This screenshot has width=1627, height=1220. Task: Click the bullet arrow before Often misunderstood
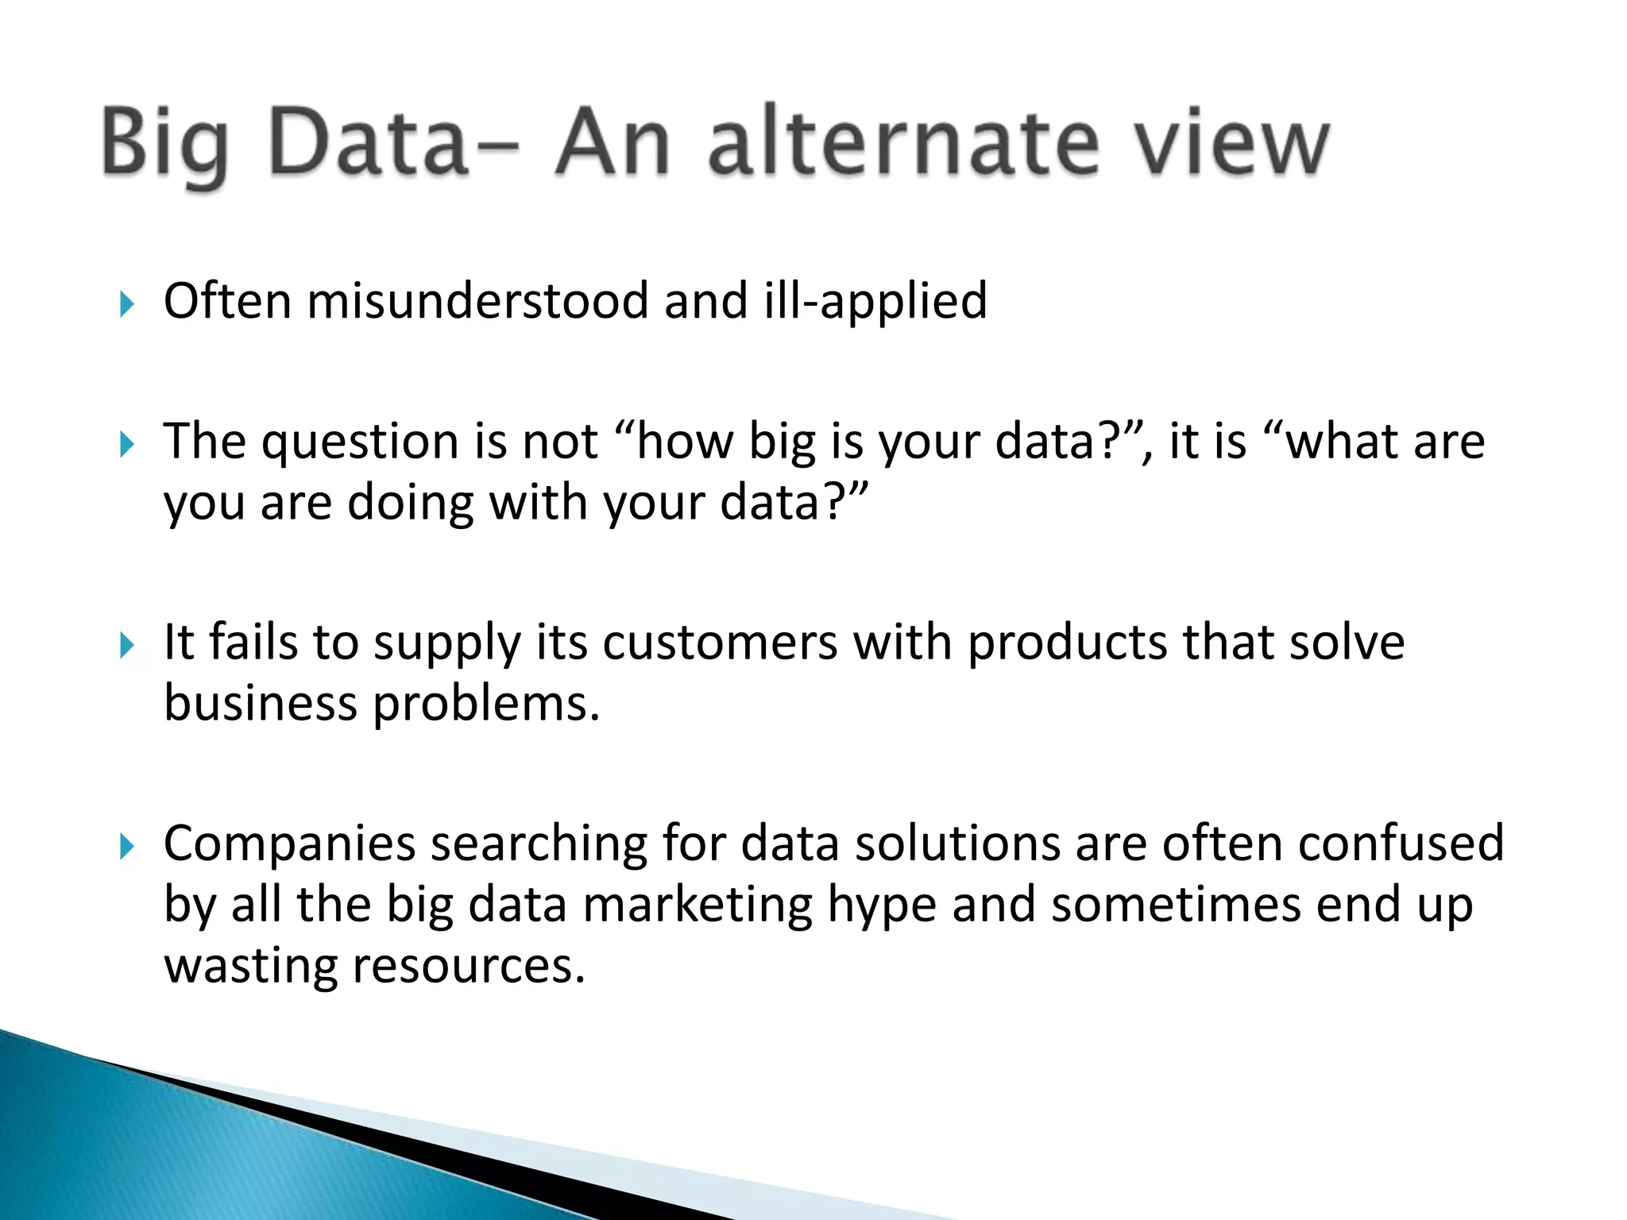[x=127, y=303]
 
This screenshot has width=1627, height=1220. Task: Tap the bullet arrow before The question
[x=127, y=444]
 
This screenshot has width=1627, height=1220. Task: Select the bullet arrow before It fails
[x=127, y=645]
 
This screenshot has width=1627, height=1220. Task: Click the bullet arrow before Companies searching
[x=127, y=846]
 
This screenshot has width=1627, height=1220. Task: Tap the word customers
[x=720, y=643]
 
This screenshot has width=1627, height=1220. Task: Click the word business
[x=261, y=704]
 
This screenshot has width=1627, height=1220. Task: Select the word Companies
[x=289, y=844]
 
